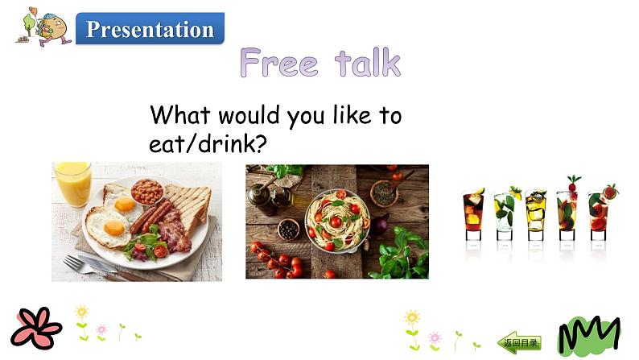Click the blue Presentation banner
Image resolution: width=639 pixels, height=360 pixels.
point(150,30)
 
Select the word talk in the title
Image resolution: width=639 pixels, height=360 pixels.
point(365,62)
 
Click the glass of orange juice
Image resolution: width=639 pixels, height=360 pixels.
point(72,183)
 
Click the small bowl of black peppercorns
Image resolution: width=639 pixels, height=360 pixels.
point(287,229)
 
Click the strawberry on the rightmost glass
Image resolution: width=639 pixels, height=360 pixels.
point(610,192)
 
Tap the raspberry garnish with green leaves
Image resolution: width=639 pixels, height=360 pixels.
point(573,182)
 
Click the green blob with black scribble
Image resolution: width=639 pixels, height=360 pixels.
point(591,335)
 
